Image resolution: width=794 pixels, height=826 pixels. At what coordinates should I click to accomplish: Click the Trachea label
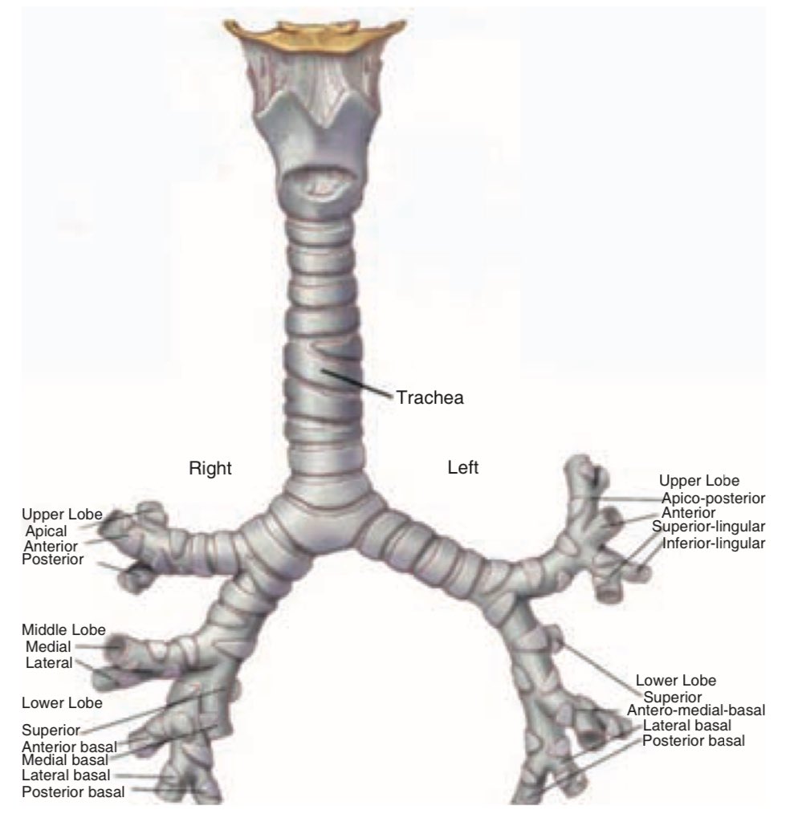(430, 397)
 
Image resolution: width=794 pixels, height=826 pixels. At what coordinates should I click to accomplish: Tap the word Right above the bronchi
(210, 469)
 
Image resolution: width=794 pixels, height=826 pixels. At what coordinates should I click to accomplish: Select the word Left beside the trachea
(463, 467)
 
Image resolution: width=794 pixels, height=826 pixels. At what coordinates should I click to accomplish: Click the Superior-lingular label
(709, 527)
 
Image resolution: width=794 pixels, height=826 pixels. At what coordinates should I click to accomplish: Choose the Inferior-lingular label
(715, 543)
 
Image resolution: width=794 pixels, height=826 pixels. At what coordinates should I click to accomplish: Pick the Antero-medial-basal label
(696, 710)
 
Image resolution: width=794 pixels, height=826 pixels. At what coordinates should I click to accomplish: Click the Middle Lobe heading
(63, 629)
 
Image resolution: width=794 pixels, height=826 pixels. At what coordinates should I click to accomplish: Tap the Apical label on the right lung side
(45, 530)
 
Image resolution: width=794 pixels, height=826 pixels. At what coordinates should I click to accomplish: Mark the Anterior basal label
(70, 746)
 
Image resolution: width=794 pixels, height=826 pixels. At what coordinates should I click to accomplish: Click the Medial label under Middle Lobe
(48, 646)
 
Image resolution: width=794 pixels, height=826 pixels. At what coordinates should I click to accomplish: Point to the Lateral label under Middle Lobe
(48, 662)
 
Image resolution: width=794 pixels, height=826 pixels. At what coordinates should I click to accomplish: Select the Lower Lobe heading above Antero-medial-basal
(676, 681)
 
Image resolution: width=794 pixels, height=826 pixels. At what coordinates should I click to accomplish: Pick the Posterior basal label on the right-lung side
(74, 792)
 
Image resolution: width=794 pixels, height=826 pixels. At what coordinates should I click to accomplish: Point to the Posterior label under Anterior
(53, 559)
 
